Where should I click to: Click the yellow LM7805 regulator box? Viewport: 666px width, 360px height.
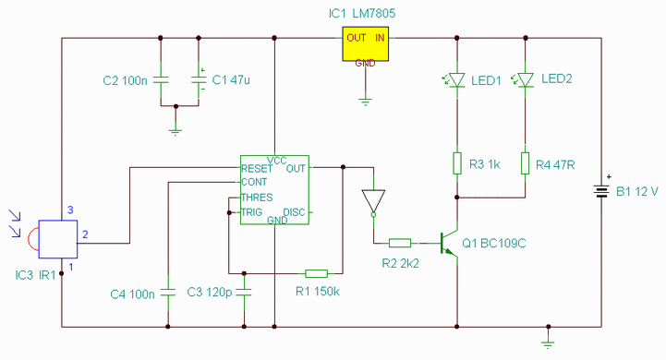[x=365, y=43]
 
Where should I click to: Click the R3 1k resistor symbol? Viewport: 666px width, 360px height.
[x=457, y=163]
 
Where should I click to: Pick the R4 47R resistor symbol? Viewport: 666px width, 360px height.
[x=526, y=163]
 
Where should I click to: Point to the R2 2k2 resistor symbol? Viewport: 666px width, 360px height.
[x=400, y=243]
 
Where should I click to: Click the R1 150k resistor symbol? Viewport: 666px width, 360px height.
[x=317, y=273]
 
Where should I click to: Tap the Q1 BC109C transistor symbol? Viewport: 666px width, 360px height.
[x=449, y=244]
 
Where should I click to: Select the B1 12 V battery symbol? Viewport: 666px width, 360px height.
[x=601, y=190]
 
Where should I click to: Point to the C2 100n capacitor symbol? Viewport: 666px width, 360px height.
[x=161, y=79]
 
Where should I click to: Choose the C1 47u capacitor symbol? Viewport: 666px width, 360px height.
[x=199, y=79]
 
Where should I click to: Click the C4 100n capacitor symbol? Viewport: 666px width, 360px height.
[x=168, y=293]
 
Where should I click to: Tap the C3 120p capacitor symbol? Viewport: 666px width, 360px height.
[x=244, y=292]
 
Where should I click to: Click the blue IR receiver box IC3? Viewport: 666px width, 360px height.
[x=58, y=239]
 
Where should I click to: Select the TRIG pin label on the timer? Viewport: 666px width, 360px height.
[x=252, y=211]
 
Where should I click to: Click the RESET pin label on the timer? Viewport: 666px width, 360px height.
[x=257, y=169]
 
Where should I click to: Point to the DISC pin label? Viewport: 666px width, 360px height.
[x=294, y=212]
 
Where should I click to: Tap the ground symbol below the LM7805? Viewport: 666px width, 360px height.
[x=365, y=102]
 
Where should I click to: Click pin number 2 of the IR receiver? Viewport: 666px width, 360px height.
[x=85, y=234]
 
